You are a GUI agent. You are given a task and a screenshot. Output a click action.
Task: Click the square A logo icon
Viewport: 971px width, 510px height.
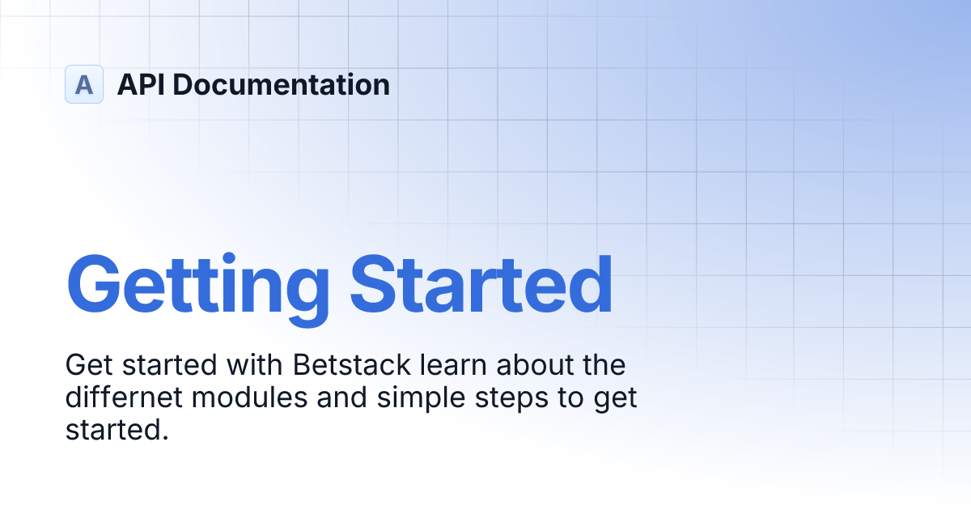coord(84,84)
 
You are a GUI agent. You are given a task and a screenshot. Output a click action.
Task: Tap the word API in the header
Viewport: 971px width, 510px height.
coord(142,84)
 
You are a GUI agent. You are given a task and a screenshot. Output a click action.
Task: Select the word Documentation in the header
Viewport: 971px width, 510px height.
coord(282,84)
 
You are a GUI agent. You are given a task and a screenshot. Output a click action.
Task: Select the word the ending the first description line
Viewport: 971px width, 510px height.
coord(602,365)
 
